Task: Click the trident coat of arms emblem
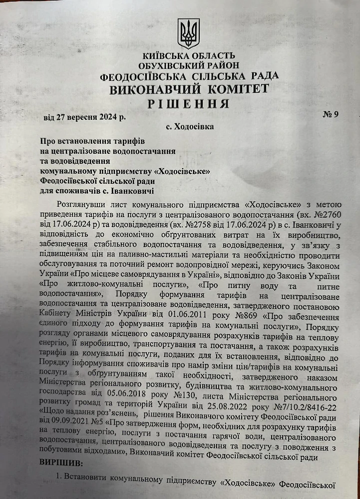[188, 33]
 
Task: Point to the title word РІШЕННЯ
[189, 104]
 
